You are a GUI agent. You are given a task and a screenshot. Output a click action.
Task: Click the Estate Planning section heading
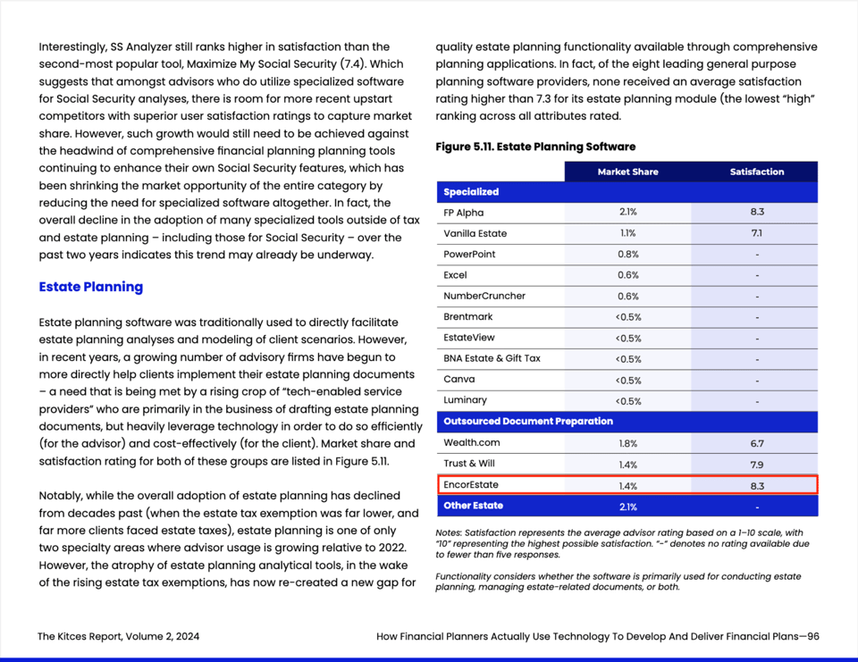(91, 287)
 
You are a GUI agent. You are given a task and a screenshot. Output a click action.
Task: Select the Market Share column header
(627, 172)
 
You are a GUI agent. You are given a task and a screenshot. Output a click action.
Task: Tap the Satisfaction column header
(756, 172)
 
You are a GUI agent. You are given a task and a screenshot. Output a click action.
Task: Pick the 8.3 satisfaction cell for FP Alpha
(756, 213)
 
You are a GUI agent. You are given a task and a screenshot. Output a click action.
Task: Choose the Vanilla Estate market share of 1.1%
(627, 233)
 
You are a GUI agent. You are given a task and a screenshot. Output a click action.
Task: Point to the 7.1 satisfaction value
(756, 233)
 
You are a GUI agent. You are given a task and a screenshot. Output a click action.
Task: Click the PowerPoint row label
(469, 255)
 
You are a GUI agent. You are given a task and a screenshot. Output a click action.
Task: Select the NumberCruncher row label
(484, 296)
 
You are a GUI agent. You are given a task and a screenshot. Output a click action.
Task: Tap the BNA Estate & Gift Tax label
(492, 358)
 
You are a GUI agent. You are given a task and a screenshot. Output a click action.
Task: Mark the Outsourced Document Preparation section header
(528, 421)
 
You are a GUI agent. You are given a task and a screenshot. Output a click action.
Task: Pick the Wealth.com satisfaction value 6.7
(756, 443)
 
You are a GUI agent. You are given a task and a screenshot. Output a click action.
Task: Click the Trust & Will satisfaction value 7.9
(756, 464)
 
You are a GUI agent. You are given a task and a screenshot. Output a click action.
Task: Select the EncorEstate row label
(471, 485)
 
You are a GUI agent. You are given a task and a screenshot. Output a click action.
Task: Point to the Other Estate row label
(473, 506)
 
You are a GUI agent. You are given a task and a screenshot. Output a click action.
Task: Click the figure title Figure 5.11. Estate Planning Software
(535, 147)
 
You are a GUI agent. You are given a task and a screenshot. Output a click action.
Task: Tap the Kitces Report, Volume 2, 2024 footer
(118, 637)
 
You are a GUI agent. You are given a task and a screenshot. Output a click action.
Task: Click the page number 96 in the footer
(812, 637)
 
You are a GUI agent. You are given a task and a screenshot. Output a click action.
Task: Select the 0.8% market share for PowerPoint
(627, 255)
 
